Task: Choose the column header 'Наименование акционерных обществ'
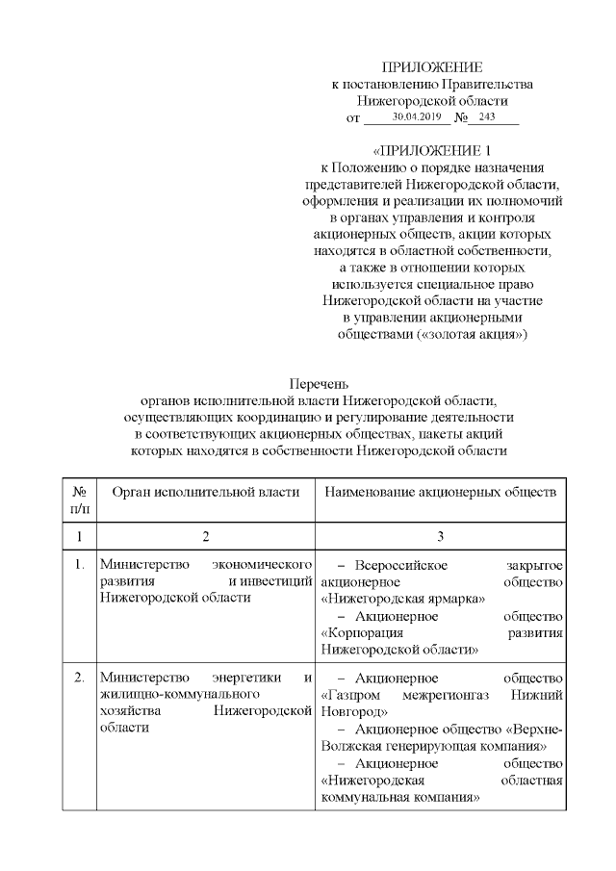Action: (440, 492)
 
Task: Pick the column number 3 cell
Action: (440, 536)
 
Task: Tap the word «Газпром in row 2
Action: (352, 695)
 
